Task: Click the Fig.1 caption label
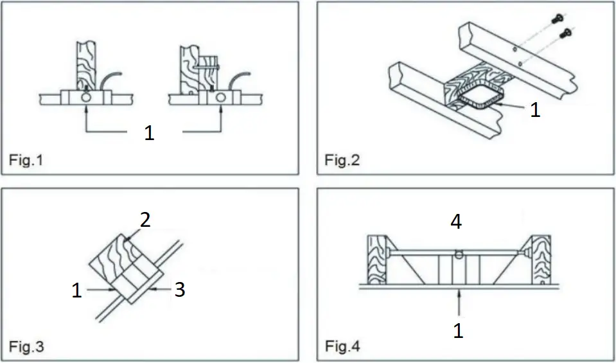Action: pyautogui.click(x=26, y=160)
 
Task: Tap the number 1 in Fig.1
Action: pyautogui.click(x=149, y=134)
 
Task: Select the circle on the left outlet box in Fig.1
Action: pyautogui.click(x=87, y=98)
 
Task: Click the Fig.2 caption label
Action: pyautogui.click(x=342, y=160)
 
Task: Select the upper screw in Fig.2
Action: pyautogui.click(x=556, y=20)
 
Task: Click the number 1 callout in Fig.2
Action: pyautogui.click(x=534, y=110)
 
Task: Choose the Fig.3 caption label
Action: pyautogui.click(x=26, y=348)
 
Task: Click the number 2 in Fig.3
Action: pyautogui.click(x=145, y=220)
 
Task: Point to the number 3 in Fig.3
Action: pyautogui.click(x=180, y=290)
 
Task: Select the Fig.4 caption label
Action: pyautogui.click(x=342, y=348)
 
